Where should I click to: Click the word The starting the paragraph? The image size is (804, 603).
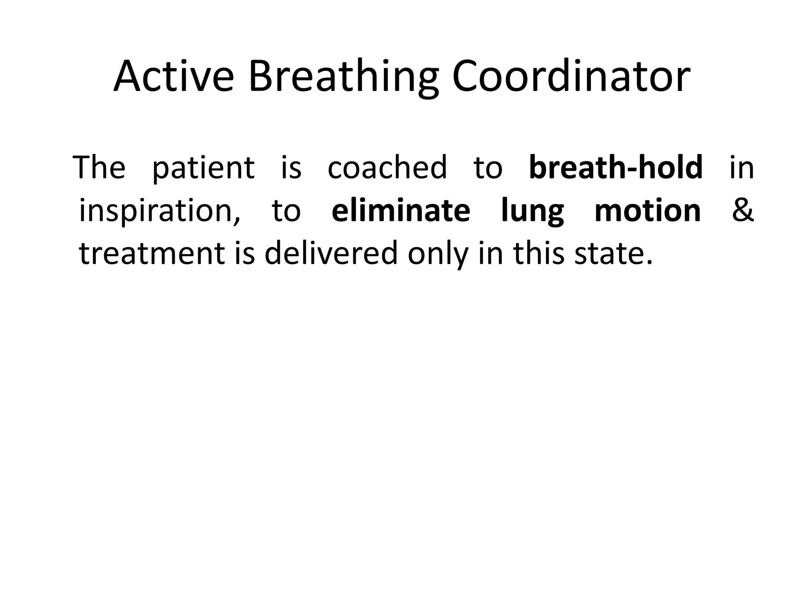tap(99, 167)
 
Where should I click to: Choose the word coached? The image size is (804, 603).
tap(387, 167)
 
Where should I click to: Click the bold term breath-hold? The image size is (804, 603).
tap(616, 167)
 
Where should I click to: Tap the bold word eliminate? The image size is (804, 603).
tap(400, 210)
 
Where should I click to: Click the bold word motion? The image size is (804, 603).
tap(647, 210)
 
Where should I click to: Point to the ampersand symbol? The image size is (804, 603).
tap(742, 210)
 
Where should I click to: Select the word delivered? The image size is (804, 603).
tap(331, 254)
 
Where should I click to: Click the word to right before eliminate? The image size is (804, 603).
tap(286, 211)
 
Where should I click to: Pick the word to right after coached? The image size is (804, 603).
tap(488, 168)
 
